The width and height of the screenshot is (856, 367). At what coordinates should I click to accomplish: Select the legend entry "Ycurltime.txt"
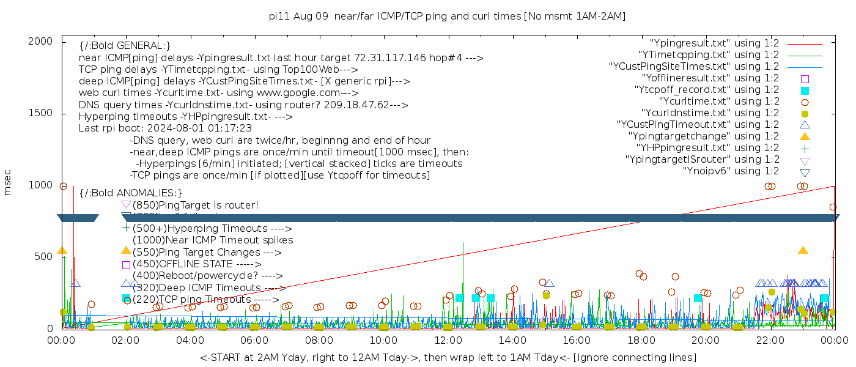tap(719, 102)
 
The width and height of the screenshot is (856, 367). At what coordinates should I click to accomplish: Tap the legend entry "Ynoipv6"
tap(731, 171)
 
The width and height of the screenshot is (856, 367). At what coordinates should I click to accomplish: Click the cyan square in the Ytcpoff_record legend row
tap(805, 91)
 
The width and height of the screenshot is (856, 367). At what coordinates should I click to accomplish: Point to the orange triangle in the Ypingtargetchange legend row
tap(805, 136)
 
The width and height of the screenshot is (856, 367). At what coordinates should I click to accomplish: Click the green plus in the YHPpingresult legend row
tap(805, 148)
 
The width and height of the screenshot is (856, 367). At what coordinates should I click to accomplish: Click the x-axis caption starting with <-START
tap(448, 357)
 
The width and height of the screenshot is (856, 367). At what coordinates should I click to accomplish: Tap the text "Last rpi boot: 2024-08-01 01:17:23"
tap(165, 128)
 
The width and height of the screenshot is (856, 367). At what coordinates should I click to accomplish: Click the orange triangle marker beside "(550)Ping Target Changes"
tap(126, 251)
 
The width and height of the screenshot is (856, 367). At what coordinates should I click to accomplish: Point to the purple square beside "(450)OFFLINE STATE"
tap(126, 265)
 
